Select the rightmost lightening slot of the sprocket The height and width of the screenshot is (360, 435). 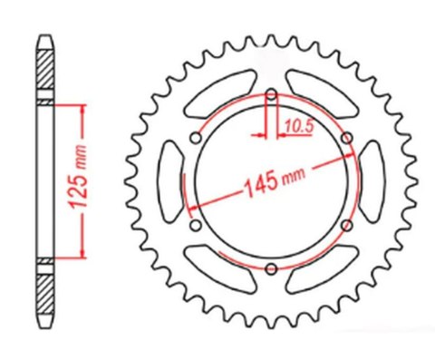[374, 180]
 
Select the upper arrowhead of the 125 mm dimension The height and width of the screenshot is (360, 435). [84, 110]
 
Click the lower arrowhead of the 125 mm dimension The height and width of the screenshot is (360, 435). [84, 251]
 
